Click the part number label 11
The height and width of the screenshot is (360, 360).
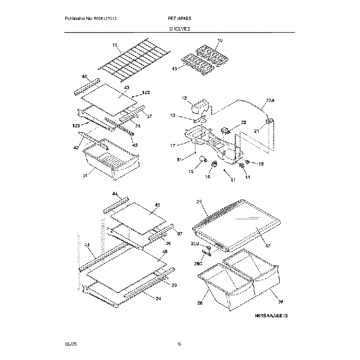pos(115,45)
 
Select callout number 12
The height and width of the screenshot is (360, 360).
pos(185,98)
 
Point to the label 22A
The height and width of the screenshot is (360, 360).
pos(270,100)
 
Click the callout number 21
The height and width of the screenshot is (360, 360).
pos(256,131)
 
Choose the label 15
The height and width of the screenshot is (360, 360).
pos(191,172)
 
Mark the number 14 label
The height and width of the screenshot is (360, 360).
pos(247,177)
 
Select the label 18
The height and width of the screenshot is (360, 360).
pos(261,164)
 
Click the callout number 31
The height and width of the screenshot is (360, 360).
pos(85,177)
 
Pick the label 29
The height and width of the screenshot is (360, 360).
pos(174,285)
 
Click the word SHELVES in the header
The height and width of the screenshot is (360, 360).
pos(179,33)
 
